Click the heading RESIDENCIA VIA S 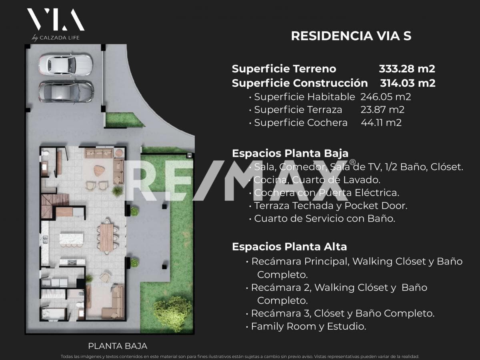(351, 36)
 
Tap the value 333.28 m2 (407, 69)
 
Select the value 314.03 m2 (408, 83)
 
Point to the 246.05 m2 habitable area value (386, 97)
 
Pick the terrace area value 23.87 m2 (382, 110)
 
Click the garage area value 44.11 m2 (381, 123)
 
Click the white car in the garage (66, 65)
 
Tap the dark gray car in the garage (66, 92)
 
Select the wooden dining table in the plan (107, 237)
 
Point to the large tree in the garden (173, 314)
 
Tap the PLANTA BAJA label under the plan (118, 346)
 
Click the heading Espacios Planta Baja (290, 154)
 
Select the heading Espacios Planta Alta (289, 247)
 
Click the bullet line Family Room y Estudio (306, 326)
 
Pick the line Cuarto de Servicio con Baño (322, 218)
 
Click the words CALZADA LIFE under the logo (60, 38)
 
